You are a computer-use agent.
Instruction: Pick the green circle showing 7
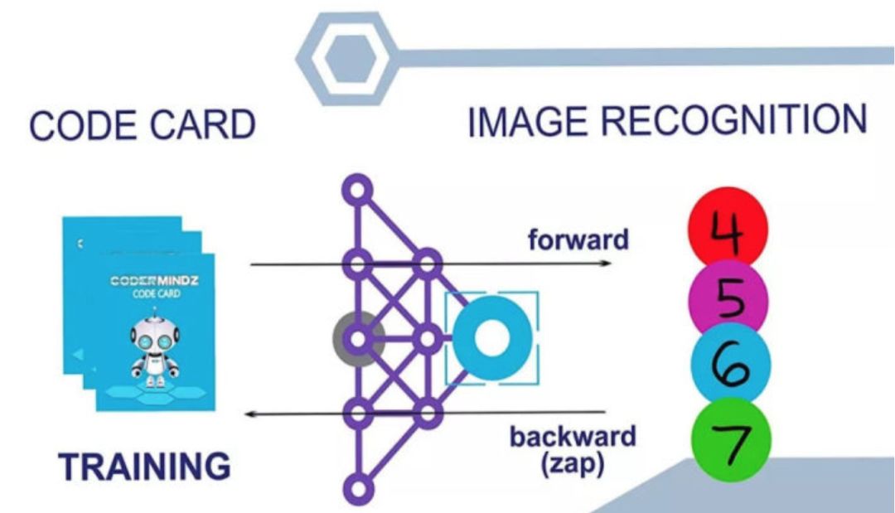(729, 440)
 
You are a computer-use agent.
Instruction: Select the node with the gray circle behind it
(358, 339)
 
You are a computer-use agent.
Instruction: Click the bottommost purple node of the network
(358, 486)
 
